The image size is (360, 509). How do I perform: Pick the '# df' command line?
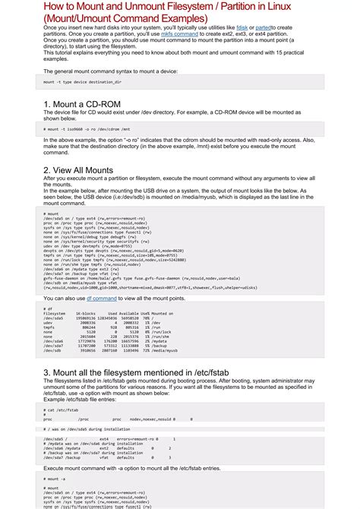point(49,309)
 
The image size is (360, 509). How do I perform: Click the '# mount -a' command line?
point(54,480)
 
